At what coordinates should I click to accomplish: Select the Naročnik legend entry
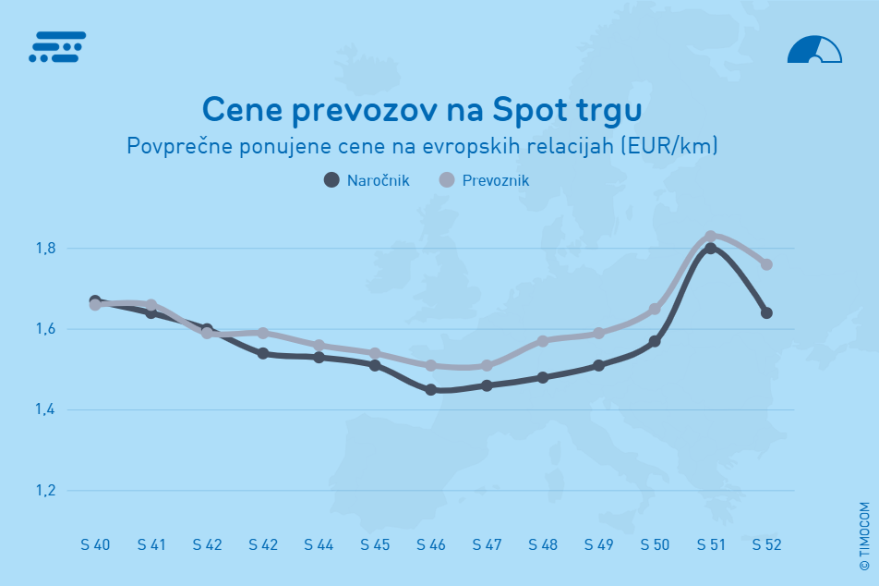(367, 179)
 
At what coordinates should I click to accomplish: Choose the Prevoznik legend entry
(485, 179)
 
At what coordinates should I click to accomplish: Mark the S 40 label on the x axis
(95, 545)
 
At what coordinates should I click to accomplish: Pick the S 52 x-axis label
(766, 545)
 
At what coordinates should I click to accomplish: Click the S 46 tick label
(431, 545)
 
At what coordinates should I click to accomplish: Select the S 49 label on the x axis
(598, 545)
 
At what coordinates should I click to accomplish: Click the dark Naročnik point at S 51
(711, 248)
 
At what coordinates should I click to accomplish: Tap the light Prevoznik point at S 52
(766, 264)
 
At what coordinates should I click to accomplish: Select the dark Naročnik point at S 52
(766, 312)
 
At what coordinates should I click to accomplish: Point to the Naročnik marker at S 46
(431, 390)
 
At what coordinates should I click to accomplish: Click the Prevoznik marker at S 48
(543, 341)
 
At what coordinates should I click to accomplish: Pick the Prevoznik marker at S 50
(655, 309)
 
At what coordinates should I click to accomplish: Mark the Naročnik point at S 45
(375, 365)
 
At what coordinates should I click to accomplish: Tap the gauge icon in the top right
(814, 50)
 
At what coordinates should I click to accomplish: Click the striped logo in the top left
(57, 47)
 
